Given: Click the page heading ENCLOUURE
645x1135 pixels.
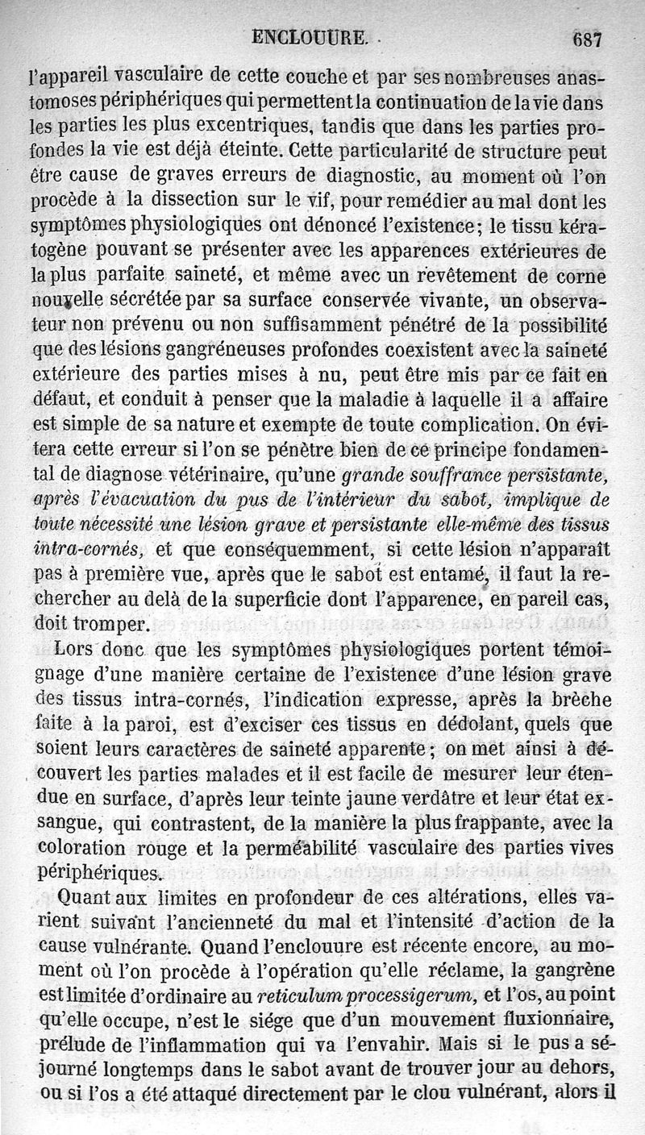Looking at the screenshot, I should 310,36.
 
